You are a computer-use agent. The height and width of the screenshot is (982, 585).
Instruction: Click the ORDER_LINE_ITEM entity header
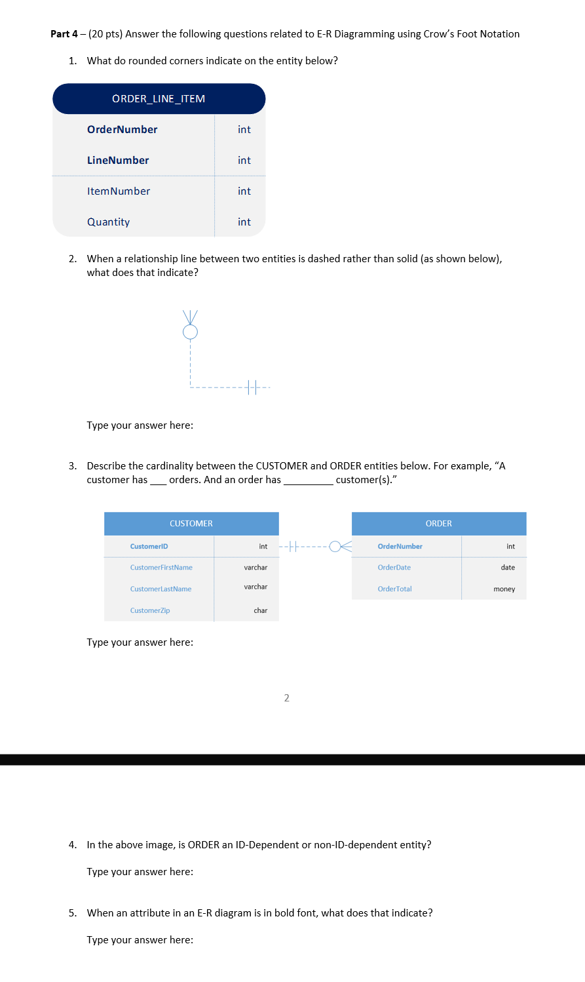click(x=159, y=99)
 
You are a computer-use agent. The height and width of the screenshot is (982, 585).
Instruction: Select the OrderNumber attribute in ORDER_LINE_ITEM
click(x=122, y=130)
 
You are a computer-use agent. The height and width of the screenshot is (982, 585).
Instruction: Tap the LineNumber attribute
click(x=118, y=161)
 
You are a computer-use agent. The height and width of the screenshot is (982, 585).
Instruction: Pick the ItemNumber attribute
click(x=119, y=191)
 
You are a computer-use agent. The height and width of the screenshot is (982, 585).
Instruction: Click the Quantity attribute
click(x=109, y=222)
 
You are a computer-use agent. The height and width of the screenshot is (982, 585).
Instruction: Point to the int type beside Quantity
click(x=244, y=222)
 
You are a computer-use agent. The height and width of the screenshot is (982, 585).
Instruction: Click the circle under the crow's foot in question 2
click(x=190, y=332)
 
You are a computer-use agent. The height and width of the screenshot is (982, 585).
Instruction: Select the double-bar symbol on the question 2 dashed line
click(x=252, y=387)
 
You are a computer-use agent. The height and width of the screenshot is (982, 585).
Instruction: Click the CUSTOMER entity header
click(x=191, y=524)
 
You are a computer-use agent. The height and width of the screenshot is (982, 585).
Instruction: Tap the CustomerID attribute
click(x=149, y=547)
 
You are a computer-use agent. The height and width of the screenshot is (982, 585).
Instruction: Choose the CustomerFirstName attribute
click(x=161, y=568)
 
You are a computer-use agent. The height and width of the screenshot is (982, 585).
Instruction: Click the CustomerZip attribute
click(x=150, y=611)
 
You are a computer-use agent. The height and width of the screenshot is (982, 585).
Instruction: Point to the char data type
click(x=260, y=611)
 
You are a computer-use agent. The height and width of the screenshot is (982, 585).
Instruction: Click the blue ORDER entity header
click(x=438, y=524)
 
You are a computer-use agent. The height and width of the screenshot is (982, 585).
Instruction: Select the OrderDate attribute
click(x=394, y=568)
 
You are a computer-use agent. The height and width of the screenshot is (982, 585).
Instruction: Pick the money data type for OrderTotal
click(x=504, y=589)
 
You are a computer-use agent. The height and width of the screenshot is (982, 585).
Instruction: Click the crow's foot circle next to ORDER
click(x=335, y=546)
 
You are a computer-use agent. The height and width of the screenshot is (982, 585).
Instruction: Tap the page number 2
click(x=286, y=698)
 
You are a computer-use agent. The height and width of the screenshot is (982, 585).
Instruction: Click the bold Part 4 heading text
click(x=64, y=34)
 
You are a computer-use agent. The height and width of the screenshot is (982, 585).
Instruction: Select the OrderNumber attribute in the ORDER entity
click(x=400, y=547)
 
